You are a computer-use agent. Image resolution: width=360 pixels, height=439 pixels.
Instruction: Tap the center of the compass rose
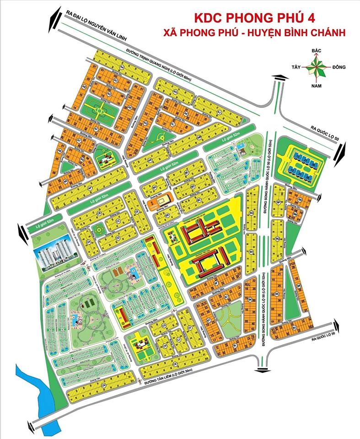[315, 68]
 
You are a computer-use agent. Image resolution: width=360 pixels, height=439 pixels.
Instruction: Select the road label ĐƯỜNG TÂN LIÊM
[172, 376]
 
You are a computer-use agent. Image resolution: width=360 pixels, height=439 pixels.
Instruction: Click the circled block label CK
[175, 364]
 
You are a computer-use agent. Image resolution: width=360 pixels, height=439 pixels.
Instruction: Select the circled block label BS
[277, 294]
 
